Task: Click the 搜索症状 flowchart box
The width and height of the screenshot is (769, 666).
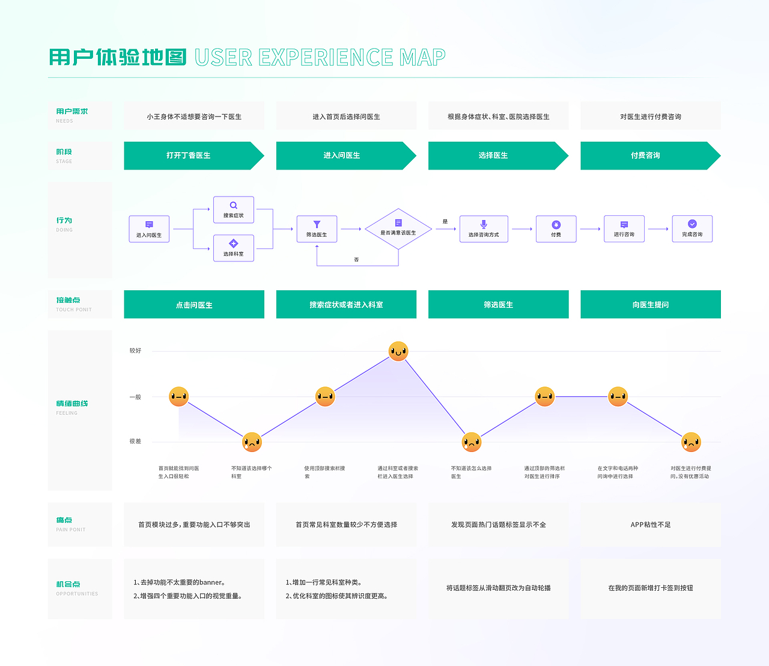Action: coord(234,210)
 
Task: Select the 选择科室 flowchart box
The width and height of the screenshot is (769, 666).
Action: coord(234,248)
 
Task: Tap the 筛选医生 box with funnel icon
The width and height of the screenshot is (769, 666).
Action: coord(317,229)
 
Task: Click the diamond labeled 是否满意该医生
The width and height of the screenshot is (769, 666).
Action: coord(398,228)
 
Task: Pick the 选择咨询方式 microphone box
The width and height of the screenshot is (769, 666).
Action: coord(484,229)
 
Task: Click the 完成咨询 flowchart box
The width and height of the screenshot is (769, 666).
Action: coord(692,228)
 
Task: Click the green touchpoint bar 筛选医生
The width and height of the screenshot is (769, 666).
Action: coord(498,305)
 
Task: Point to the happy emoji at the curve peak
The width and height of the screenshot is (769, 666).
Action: coord(398,351)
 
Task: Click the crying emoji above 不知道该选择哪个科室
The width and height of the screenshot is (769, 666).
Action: coord(252,442)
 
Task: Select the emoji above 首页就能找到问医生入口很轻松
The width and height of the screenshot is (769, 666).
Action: coord(178,396)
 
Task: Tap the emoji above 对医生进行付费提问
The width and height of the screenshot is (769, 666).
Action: coord(691,442)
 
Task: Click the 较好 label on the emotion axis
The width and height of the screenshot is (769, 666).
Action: coord(135,350)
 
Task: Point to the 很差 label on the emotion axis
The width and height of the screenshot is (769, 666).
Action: coord(135,441)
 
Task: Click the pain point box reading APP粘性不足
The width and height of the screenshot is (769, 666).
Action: coord(650,525)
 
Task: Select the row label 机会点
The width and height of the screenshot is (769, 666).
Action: coord(68,584)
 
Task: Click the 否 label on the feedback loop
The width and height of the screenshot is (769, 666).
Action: coord(356,260)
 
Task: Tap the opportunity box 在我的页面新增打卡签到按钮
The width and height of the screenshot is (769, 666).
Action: coord(650,588)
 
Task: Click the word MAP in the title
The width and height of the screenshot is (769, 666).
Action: coord(422,58)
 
